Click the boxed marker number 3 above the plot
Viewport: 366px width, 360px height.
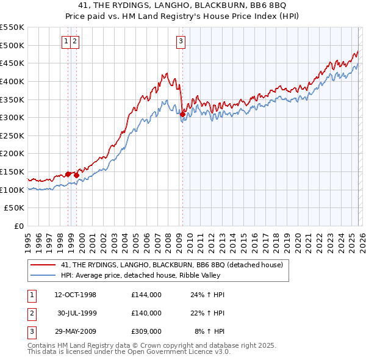tap(182, 41)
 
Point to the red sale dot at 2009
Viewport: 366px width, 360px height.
tap(183, 114)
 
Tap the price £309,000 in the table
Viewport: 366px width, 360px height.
tap(146, 331)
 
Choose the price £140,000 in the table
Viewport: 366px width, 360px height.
tap(146, 313)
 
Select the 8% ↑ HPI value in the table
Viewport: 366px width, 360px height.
tap(210, 331)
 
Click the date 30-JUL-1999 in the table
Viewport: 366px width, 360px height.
tap(76, 313)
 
